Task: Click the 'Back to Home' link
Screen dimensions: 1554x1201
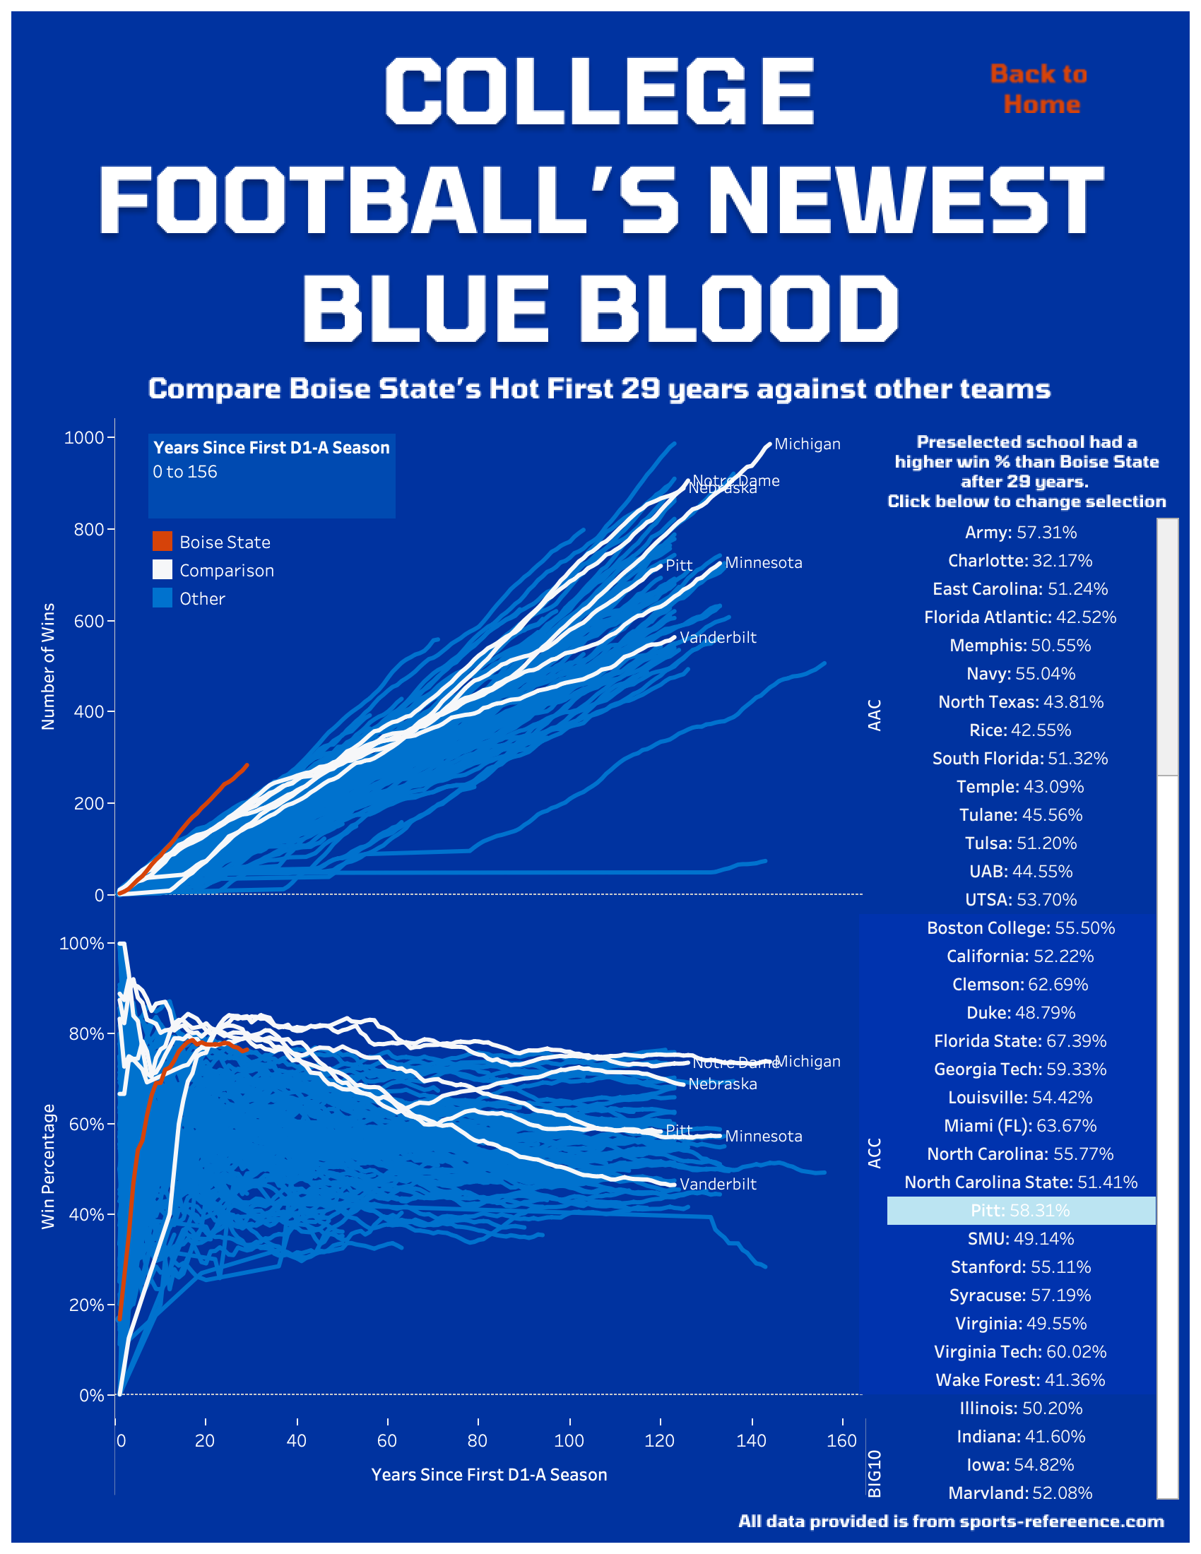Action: (x=1038, y=89)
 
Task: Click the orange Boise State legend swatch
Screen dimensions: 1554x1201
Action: (x=162, y=542)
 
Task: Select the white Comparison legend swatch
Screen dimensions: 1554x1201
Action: (x=162, y=570)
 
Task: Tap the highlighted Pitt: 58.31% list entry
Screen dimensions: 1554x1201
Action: (x=1020, y=1210)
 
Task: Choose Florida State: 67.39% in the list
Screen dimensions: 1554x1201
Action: (x=1020, y=1041)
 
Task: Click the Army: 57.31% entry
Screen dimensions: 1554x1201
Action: (x=1020, y=532)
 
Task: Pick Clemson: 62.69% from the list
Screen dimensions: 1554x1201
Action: (x=1020, y=984)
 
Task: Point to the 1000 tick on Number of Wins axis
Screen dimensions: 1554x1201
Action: (x=84, y=438)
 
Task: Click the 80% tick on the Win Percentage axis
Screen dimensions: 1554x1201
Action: (x=86, y=1034)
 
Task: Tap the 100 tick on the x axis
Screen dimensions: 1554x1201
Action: (x=569, y=1441)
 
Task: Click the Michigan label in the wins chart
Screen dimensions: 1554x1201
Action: (x=807, y=444)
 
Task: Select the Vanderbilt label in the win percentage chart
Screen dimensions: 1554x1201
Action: (x=717, y=1184)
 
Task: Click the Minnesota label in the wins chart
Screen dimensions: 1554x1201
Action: (x=763, y=563)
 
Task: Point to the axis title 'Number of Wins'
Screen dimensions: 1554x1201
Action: (x=47, y=666)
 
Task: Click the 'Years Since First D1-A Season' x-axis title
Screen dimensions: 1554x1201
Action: (x=489, y=1475)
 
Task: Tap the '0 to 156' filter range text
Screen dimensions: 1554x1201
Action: (x=185, y=472)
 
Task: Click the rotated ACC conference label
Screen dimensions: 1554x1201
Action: (x=875, y=1153)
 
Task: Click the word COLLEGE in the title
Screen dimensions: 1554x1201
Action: (x=599, y=91)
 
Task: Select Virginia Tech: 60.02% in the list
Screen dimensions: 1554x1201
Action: (x=1020, y=1351)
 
